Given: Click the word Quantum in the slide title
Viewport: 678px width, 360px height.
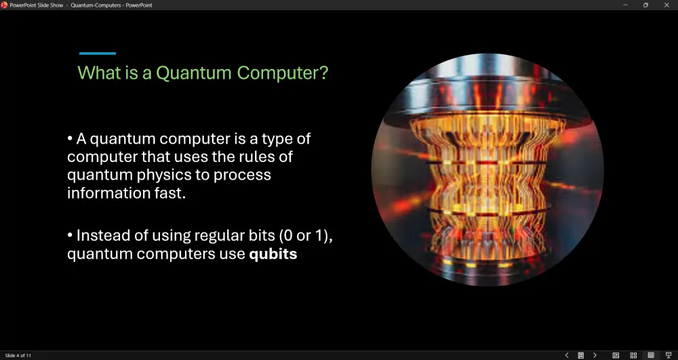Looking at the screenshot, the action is (x=194, y=73).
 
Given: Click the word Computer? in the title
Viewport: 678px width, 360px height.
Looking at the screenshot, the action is (x=283, y=73).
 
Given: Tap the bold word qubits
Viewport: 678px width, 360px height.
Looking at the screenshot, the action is (x=273, y=254).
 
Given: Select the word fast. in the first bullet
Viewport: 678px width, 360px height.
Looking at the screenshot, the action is (x=169, y=193).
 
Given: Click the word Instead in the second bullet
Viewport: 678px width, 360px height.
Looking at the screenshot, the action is (x=98, y=235).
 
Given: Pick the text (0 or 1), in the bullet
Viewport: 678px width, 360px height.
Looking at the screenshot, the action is (x=306, y=236).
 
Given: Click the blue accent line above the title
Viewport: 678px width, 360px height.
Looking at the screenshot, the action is (x=97, y=54).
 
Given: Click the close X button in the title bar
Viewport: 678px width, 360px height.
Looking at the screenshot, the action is (x=666, y=5).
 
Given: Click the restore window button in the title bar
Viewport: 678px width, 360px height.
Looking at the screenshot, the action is (x=645, y=5).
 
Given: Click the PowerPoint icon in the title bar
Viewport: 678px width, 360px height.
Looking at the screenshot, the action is (x=4, y=5).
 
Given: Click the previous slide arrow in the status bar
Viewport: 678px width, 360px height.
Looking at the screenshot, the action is (x=567, y=355).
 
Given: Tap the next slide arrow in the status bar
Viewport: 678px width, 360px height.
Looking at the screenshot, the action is (x=595, y=355).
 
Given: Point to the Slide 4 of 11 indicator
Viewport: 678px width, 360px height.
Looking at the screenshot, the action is (x=18, y=356).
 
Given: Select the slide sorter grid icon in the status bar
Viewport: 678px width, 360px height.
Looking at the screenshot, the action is (x=633, y=355).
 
